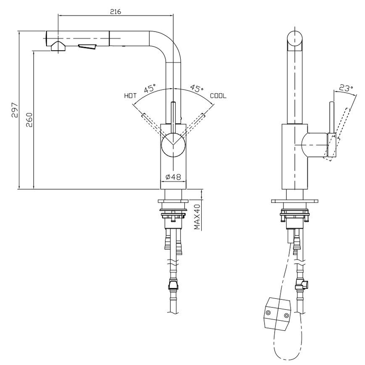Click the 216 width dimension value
[x=115, y=12]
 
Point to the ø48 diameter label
[x=173, y=177]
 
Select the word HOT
[x=130, y=96]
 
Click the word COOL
[x=218, y=96]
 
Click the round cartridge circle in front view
[x=173, y=146]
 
